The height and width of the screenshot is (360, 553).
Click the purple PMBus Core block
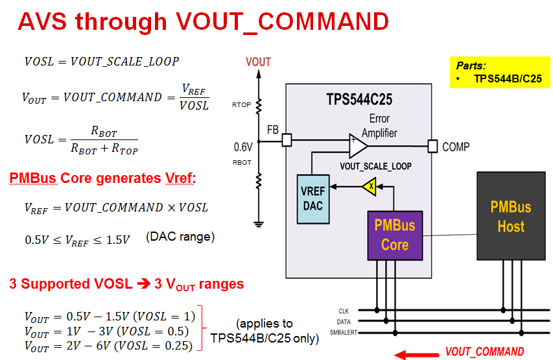pos(395,235)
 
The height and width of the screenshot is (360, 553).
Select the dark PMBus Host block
pos(511,216)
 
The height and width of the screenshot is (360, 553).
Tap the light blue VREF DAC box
pos(313,199)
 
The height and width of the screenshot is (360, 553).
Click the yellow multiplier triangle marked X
pos(370,186)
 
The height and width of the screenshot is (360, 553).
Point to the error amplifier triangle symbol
pos(358,146)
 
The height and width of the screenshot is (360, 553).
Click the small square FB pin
pos(287,139)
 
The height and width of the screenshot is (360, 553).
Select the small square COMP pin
pos(432,146)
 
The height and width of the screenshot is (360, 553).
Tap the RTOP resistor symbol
pos(259,106)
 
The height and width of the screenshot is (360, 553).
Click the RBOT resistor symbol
pos(259,181)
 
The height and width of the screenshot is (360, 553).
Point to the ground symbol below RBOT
pos(259,224)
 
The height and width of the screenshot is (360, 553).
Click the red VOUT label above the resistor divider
pos(258,62)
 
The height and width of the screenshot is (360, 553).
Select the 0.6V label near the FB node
pos(243,147)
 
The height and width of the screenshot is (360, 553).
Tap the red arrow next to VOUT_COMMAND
pos(416,355)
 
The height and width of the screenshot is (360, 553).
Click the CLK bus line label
pos(344,311)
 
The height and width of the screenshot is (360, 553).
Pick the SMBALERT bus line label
pos(344,333)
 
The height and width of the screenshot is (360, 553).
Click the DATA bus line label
pos(344,322)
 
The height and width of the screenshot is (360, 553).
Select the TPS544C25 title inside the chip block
pos(359,99)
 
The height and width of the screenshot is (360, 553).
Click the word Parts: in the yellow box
pos(471,66)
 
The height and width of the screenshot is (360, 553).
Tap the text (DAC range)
pos(180,237)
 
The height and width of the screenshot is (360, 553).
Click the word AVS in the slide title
pos(42,21)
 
